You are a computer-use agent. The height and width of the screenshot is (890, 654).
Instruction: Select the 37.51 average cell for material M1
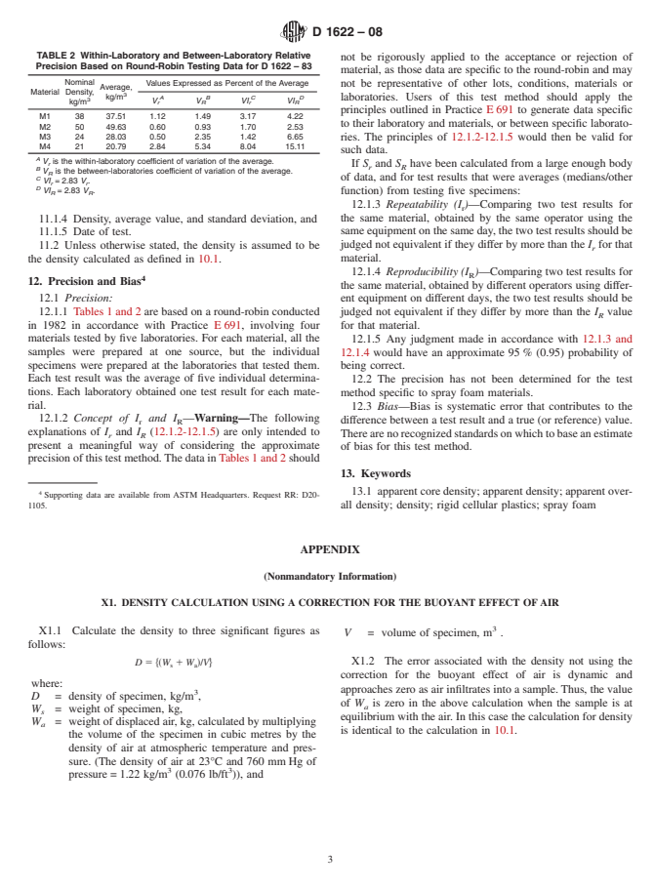coord(116,116)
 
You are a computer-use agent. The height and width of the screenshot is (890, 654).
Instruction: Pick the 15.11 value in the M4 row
coord(295,146)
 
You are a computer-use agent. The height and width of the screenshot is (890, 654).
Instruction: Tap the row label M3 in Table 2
coord(44,137)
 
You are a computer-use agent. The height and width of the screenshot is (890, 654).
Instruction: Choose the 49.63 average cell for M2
coord(116,127)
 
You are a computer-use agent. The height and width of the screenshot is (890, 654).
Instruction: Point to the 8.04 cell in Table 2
coord(248,146)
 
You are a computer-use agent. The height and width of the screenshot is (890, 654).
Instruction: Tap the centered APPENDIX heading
coord(327,549)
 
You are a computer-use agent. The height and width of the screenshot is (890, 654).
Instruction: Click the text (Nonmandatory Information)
coord(327,575)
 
